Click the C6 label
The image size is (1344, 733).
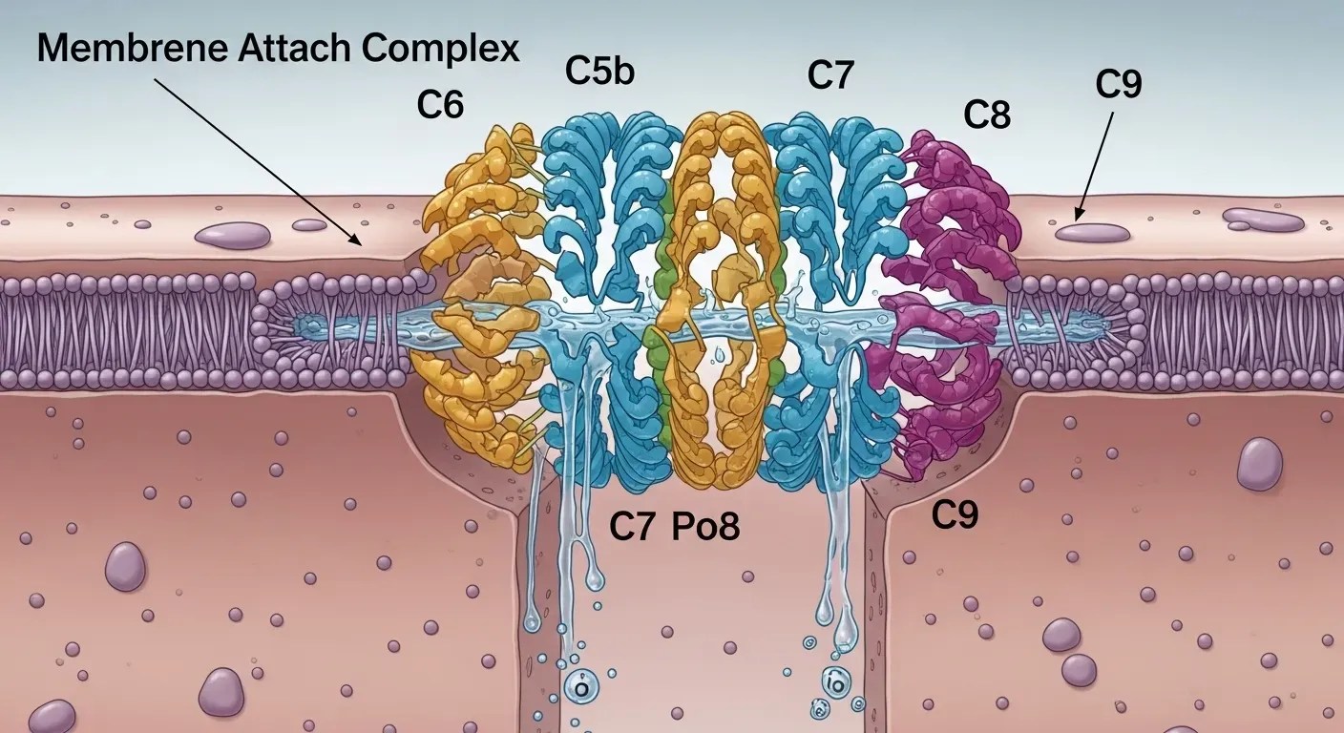pyautogui.click(x=440, y=105)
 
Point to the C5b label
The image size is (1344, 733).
pyautogui.click(x=599, y=71)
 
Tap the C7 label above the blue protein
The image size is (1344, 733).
pyautogui.click(x=829, y=76)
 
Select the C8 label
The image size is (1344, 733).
pyautogui.click(x=986, y=115)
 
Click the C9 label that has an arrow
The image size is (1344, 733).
pyautogui.click(x=1119, y=84)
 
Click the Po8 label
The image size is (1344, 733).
pyautogui.click(x=705, y=527)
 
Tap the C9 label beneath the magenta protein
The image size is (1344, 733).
pyautogui.click(x=955, y=515)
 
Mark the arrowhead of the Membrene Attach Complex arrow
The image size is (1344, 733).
pyautogui.click(x=361, y=244)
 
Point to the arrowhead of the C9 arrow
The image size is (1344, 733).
pyautogui.click(x=1077, y=219)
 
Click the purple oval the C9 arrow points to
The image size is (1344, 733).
pyautogui.click(x=1092, y=232)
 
